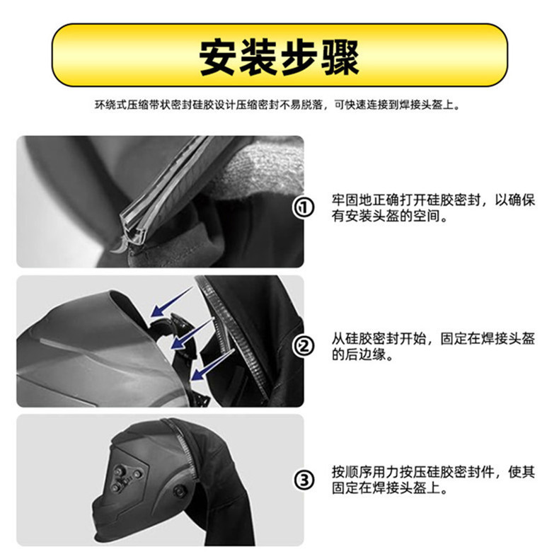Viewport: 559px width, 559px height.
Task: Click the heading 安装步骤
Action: [279, 56]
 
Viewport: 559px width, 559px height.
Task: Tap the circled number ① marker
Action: [304, 208]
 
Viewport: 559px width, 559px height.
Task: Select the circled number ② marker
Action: [304, 346]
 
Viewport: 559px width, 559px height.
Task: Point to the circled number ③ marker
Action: [304, 480]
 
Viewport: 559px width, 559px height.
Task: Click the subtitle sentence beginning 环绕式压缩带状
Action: [279, 105]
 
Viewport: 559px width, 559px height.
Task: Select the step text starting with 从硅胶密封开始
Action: [433, 346]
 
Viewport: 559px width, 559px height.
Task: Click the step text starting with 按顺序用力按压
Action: [433, 480]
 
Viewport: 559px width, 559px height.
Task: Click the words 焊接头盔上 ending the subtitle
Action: [432, 105]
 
